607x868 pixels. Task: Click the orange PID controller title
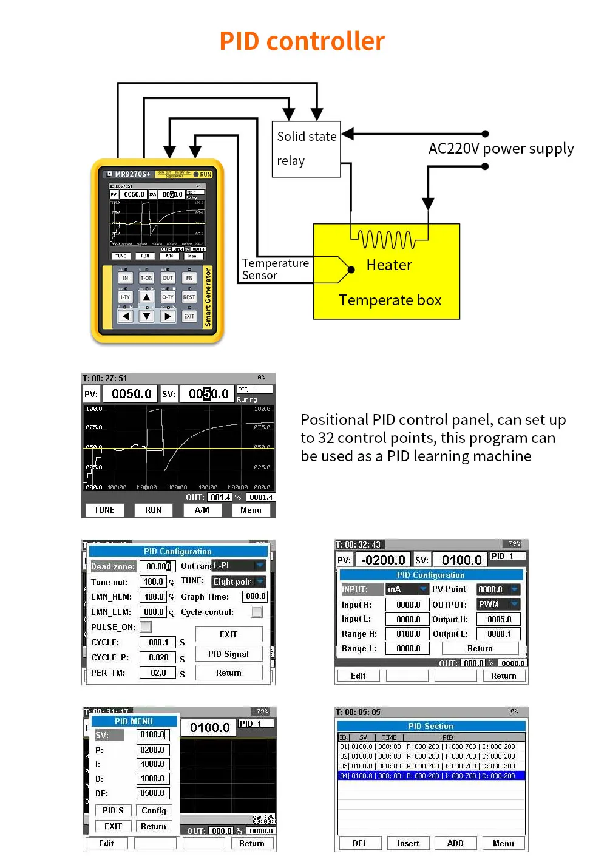click(302, 41)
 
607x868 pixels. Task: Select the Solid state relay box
click(306, 149)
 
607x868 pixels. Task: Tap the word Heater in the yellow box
click(389, 265)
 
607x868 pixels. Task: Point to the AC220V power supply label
click(501, 149)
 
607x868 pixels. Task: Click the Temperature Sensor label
click(275, 269)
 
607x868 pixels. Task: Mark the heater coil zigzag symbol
click(386, 239)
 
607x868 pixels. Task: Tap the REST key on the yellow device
click(189, 297)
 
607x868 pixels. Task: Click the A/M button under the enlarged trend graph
click(202, 510)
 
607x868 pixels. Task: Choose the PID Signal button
click(228, 654)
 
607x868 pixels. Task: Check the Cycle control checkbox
click(257, 612)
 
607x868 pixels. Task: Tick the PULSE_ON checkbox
click(146, 627)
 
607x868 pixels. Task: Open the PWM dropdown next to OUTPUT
click(515, 604)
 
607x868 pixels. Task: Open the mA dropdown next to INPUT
click(422, 589)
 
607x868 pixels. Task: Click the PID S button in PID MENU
click(113, 810)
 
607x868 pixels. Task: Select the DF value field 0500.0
click(152, 793)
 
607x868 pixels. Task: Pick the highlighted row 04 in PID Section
click(431, 776)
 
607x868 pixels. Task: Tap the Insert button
click(408, 843)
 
